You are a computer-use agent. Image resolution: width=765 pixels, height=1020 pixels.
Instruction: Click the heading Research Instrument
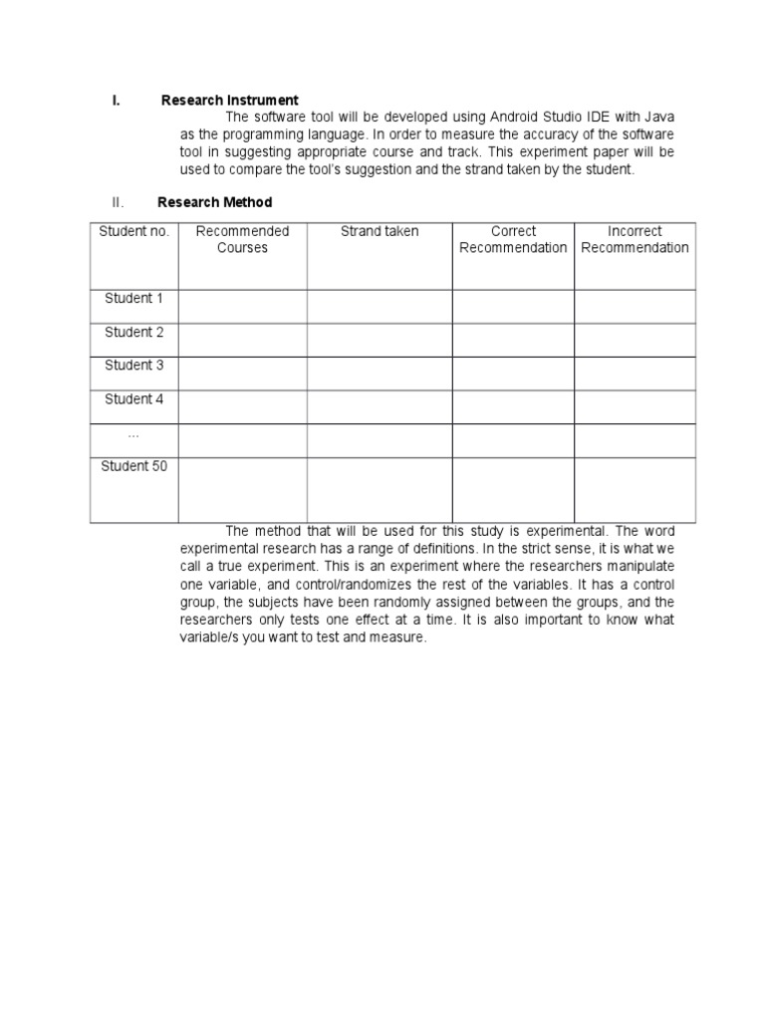coord(229,101)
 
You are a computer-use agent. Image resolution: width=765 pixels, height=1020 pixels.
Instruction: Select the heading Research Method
coord(214,202)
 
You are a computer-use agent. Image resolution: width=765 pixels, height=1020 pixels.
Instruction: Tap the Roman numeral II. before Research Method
coord(118,202)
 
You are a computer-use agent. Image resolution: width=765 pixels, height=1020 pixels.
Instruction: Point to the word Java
coord(656,118)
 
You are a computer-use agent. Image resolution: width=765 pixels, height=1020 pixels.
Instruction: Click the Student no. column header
coord(134,232)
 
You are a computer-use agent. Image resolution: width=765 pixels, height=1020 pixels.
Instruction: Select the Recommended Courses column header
coord(242,240)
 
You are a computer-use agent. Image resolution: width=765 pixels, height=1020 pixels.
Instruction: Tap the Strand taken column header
coord(380,232)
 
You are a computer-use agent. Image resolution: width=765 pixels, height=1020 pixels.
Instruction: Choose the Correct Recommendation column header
coord(513,240)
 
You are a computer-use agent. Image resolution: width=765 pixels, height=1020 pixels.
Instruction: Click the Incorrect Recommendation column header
coord(635,240)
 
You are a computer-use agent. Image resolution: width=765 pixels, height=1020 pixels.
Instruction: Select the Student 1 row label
coord(134,299)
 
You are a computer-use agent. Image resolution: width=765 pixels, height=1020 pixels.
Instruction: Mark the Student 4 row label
coord(134,399)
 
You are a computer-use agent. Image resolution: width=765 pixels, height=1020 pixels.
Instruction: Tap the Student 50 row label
coord(134,466)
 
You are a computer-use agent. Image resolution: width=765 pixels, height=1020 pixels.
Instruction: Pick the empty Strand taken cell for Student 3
coord(380,374)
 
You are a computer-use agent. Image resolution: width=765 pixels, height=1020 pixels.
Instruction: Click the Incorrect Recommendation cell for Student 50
coord(635,489)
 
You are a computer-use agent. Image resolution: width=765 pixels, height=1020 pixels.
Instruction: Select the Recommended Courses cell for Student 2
coord(242,340)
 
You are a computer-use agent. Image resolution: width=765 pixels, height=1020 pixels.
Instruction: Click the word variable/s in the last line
coord(212,638)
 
